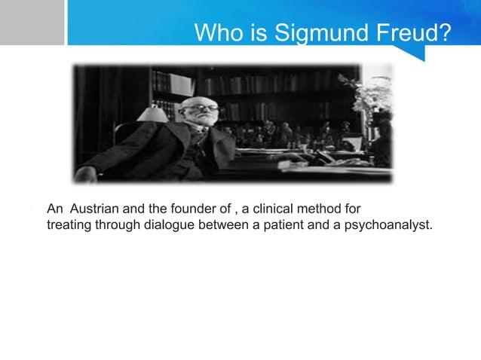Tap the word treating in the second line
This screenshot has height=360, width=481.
pos(69,224)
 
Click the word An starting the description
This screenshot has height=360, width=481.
pos(54,209)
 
